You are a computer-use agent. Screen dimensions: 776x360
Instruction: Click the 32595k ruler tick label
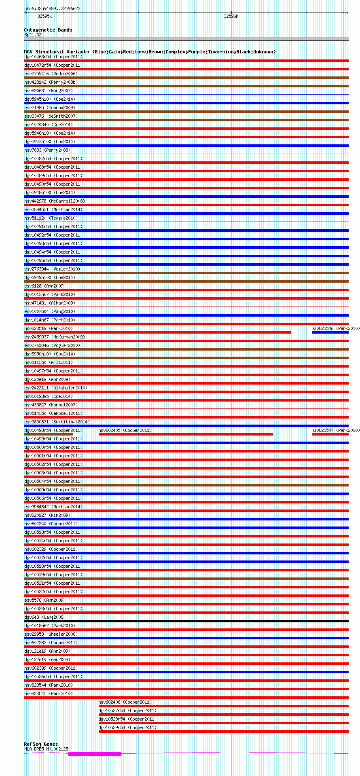pos(44,16)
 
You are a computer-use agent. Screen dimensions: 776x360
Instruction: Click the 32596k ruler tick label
pos(231,16)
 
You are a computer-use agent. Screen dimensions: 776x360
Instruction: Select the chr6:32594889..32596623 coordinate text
pos(52,8)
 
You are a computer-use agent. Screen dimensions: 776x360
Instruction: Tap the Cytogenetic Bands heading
pos(48,30)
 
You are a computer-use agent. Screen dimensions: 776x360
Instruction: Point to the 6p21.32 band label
pos(33,35)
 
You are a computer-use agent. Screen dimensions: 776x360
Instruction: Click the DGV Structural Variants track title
pos(150,52)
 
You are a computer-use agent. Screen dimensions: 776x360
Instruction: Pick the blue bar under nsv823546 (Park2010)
pos(330,332)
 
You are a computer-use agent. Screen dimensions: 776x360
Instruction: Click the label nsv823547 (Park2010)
pos(335,430)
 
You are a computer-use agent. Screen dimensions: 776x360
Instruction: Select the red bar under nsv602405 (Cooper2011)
pos(186,434)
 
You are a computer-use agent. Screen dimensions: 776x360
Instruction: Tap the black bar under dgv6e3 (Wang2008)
pos(186,621)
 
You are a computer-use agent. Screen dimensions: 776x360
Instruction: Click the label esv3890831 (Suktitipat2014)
pos(57,422)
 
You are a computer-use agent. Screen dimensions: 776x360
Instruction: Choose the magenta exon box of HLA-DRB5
pos(95,753)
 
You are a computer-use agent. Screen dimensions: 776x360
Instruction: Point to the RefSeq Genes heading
pos(41,744)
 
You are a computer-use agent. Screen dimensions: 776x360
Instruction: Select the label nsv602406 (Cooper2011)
pos(125,702)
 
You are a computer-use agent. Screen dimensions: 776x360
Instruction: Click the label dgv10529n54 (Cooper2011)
pos(127,727)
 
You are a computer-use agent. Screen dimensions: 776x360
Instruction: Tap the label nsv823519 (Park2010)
pos(49,328)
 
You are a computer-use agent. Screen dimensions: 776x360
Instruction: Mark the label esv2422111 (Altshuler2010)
pos(56,388)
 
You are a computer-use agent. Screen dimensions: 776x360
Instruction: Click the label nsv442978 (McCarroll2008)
pos(55,201)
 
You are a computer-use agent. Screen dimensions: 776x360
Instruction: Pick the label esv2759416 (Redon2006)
pos(51,74)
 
